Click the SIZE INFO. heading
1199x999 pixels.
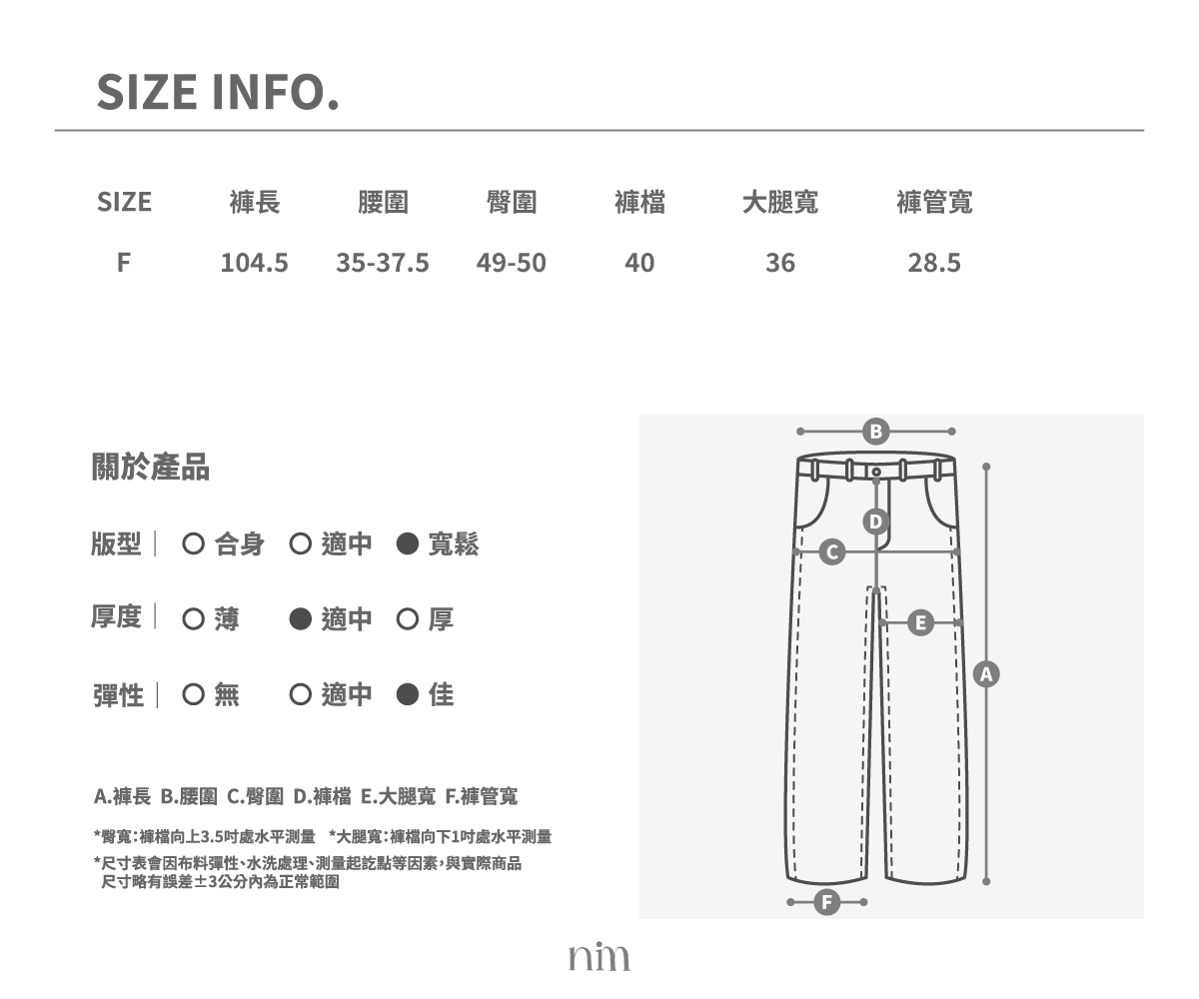(x=218, y=92)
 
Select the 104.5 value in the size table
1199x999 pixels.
(x=254, y=263)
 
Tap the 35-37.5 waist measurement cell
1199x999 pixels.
(x=383, y=263)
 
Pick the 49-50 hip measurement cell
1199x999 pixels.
(x=511, y=263)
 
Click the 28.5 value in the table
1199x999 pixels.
(x=933, y=263)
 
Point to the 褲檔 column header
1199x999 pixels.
(x=639, y=202)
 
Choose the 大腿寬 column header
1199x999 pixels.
(x=780, y=202)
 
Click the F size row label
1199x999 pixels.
(x=124, y=263)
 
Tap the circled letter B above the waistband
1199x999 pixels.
(x=875, y=432)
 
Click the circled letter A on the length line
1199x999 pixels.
(x=986, y=674)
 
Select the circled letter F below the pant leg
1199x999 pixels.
(x=827, y=902)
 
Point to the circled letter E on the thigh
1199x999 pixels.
(x=920, y=623)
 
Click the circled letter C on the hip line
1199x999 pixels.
(x=832, y=552)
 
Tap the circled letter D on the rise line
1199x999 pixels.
(x=875, y=521)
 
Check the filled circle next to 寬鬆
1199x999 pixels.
(x=407, y=543)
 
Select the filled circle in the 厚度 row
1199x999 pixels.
(x=301, y=619)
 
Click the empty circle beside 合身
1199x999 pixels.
(x=194, y=543)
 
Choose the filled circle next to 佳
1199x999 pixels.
(x=407, y=694)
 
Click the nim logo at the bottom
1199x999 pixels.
(x=599, y=956)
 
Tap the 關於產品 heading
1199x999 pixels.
(x=151, y=467)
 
